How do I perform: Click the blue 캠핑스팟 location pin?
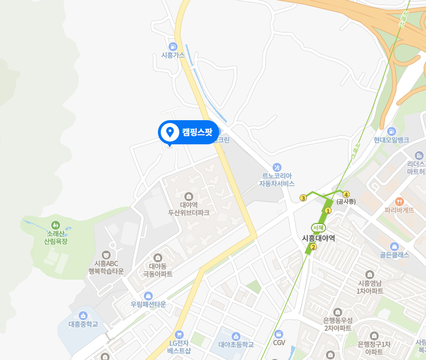coord(169,133)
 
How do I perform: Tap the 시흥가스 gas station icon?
coord(172,46)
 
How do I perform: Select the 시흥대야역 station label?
coord(318,238)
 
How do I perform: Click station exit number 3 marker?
coord(303,198)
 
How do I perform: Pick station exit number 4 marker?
coord(346,194)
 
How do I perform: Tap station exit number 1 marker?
coord(328,211)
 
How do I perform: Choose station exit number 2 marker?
coord(314,247)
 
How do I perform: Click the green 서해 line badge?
coord(318,227)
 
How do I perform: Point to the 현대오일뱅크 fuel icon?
coord(391,131)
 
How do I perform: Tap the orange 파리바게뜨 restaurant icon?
coord(399,200)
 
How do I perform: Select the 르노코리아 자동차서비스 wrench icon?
coord(277,167)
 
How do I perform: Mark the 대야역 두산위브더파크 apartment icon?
coord(188,197)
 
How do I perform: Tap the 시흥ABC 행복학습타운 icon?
coord(106,254)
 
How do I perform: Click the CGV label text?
coord(279,343)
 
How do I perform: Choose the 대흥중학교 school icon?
coord(83,316)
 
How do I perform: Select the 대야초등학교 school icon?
coord(236,336)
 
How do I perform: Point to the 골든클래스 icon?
coord(394,246)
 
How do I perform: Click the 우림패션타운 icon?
coord(148,296)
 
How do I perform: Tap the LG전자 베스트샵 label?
coord(179,347)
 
